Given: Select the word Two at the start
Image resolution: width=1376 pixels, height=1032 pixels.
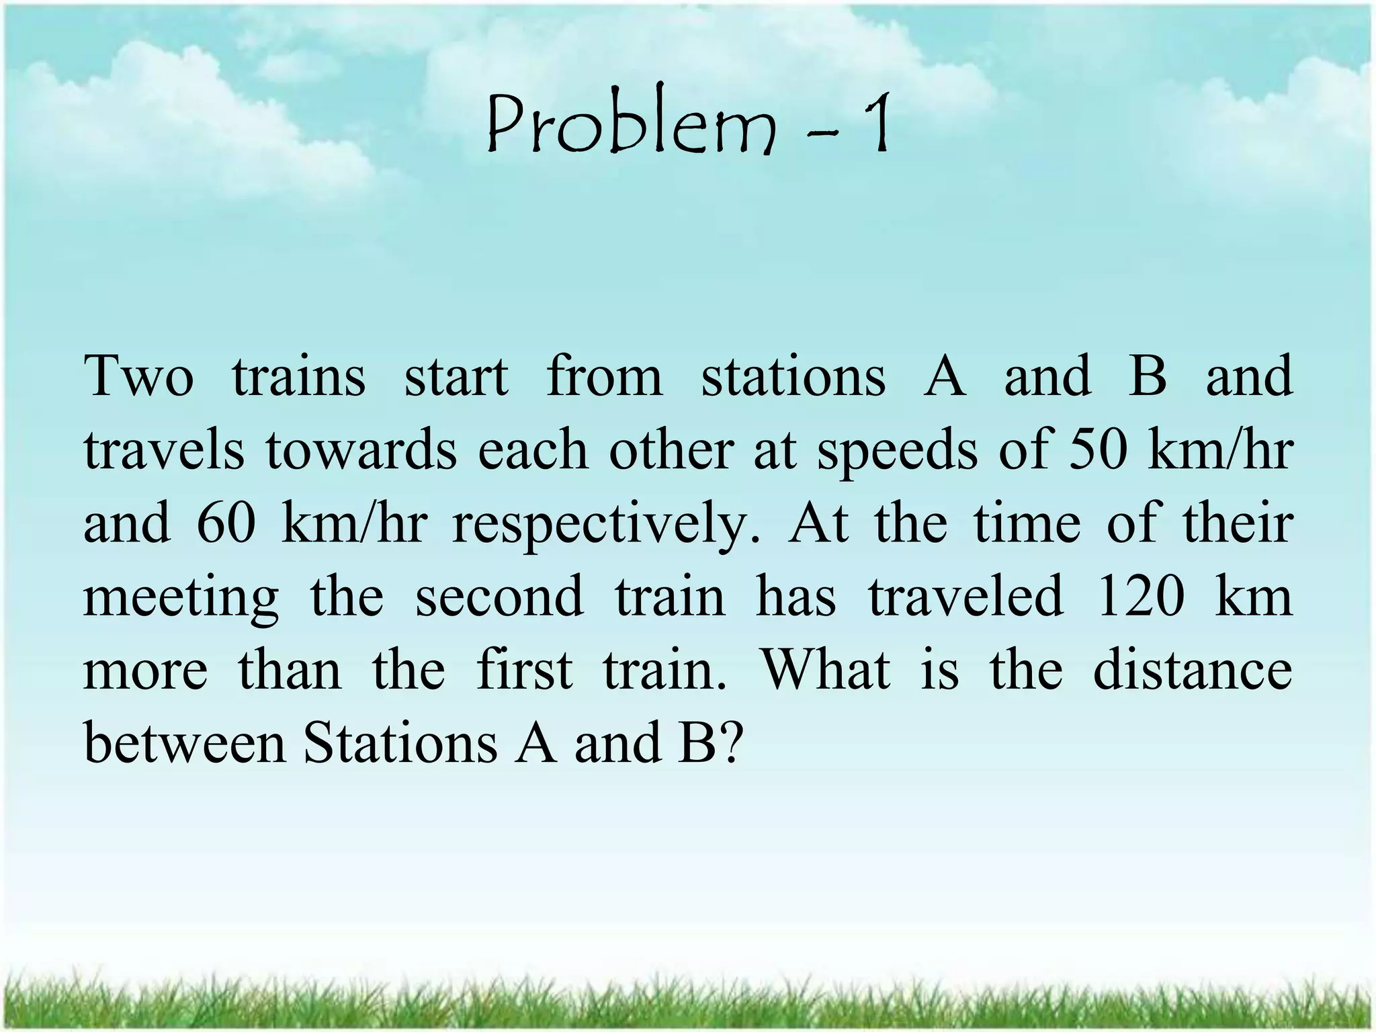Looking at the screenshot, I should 139,376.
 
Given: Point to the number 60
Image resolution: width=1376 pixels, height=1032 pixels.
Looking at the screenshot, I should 226,523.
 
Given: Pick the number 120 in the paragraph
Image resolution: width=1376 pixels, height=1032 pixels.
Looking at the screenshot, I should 1139,597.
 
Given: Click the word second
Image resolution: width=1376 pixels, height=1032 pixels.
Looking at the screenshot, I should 499,597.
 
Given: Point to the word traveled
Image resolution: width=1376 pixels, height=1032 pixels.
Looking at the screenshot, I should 966,597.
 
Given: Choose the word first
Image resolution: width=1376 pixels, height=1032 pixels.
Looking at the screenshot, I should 525,670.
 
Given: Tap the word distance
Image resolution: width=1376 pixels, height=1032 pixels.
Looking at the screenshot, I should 1193,670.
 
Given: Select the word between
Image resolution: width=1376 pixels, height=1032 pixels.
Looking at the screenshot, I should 185,744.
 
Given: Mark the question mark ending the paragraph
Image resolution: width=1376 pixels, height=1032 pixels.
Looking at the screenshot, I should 728,744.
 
